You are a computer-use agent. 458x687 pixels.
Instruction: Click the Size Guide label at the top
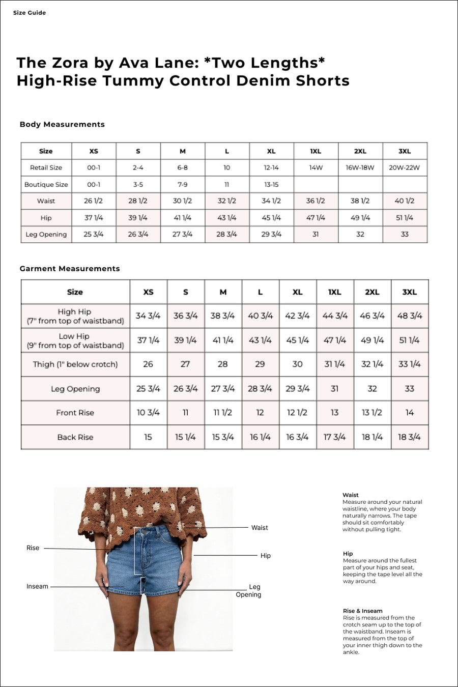click(x=30, y=13)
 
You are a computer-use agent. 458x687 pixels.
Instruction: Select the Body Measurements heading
click(x=62, y=124)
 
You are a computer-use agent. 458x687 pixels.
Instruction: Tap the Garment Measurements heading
click(x=70, y=269)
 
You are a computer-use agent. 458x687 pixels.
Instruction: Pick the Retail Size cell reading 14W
click(x=316, y=167)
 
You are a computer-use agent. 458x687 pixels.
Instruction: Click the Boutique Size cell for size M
click(x=182, y=184)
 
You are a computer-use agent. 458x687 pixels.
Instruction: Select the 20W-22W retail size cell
click(x=404, y=167)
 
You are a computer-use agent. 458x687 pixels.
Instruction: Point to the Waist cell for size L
click(x=226, y=201)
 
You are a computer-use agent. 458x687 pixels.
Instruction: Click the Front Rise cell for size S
click(x=185, y=413)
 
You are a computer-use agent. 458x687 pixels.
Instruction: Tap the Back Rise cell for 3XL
click(x=409, y=437)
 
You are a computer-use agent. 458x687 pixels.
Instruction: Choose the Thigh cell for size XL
click(x=297, y=364)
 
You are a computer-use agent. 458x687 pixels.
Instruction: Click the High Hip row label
click(x=75, y=316)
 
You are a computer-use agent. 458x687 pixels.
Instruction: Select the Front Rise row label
click(x=75, y=413)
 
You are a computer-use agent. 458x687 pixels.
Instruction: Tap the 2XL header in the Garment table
click(x=372, y=292)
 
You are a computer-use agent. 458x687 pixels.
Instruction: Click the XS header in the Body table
click(x=94, y=151)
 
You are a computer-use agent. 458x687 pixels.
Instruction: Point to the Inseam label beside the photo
click(x=37, y=586)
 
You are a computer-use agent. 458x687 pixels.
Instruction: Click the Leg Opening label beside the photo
click(x=249, y=590)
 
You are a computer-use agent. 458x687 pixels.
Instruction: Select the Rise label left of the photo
click(x=33, y=548)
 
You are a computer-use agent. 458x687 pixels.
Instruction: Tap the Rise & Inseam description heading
click(x=362, y=611)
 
